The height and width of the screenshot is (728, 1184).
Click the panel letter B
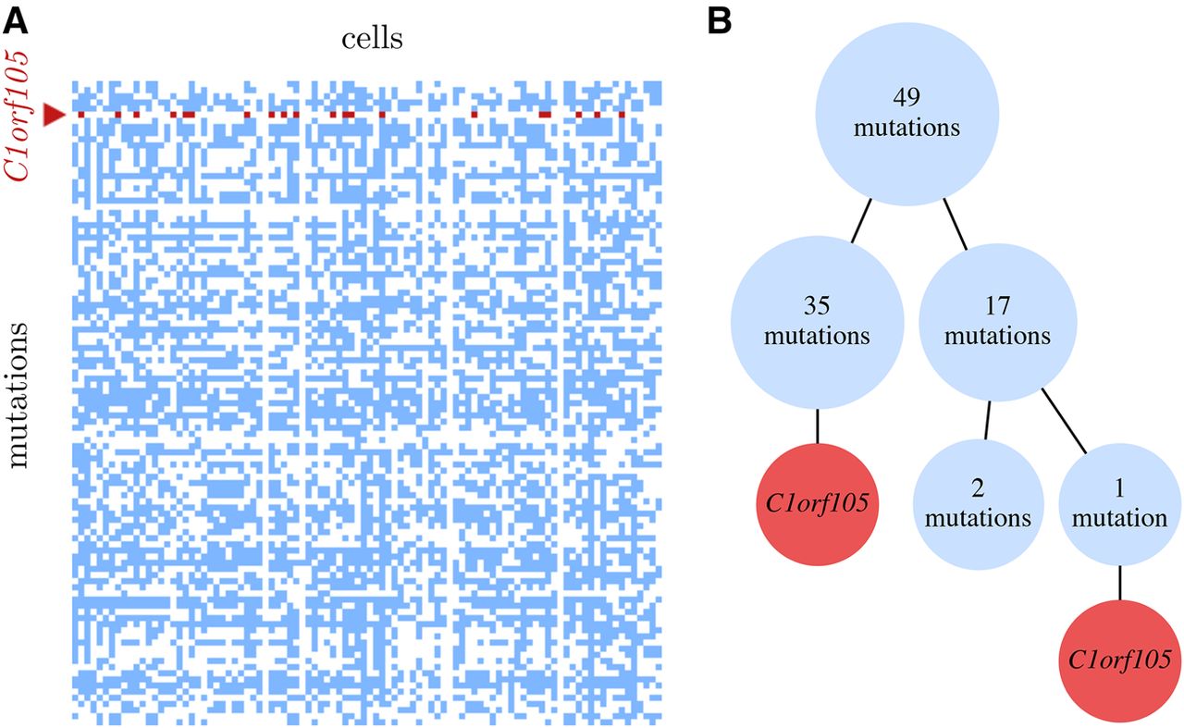click(720, 22)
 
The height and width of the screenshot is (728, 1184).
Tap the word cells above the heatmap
click(372, 39)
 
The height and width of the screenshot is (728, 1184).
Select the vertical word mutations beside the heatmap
click(18, 396)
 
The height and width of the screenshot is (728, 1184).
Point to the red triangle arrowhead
click(54, 115)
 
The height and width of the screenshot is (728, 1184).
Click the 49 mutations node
click(907, 114)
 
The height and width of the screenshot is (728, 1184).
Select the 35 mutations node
click(817, 322)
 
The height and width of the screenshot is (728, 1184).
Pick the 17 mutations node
click(998, 322)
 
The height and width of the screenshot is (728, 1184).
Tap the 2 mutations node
click(978, 504)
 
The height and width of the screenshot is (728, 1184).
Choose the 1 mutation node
click(1119, 504)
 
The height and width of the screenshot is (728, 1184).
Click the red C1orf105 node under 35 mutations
click(817, 504)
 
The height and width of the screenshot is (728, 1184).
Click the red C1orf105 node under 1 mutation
click(1119, 660)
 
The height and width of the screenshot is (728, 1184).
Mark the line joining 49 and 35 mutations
click(861, 220)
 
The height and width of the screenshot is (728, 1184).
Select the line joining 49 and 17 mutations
click(956, 224)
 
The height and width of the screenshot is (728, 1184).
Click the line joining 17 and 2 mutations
click(988, 420)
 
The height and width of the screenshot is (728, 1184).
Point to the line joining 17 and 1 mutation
click(1064, 421)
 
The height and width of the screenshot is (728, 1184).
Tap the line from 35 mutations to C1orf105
click(817, 426)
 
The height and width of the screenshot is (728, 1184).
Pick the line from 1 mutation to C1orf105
click(1119, 583)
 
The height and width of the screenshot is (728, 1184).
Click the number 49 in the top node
click(906, 97)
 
